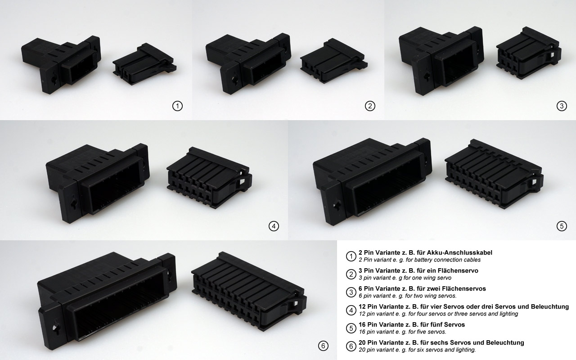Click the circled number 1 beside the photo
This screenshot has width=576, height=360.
pos(177,106)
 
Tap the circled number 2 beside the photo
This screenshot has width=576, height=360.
pos(369,106)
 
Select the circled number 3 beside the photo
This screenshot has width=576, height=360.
pos(561,106)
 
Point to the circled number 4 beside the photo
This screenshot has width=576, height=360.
pos(273,226)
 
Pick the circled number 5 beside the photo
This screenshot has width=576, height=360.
pos(562,226)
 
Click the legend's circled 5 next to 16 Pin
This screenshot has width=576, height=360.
pos(351,328)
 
